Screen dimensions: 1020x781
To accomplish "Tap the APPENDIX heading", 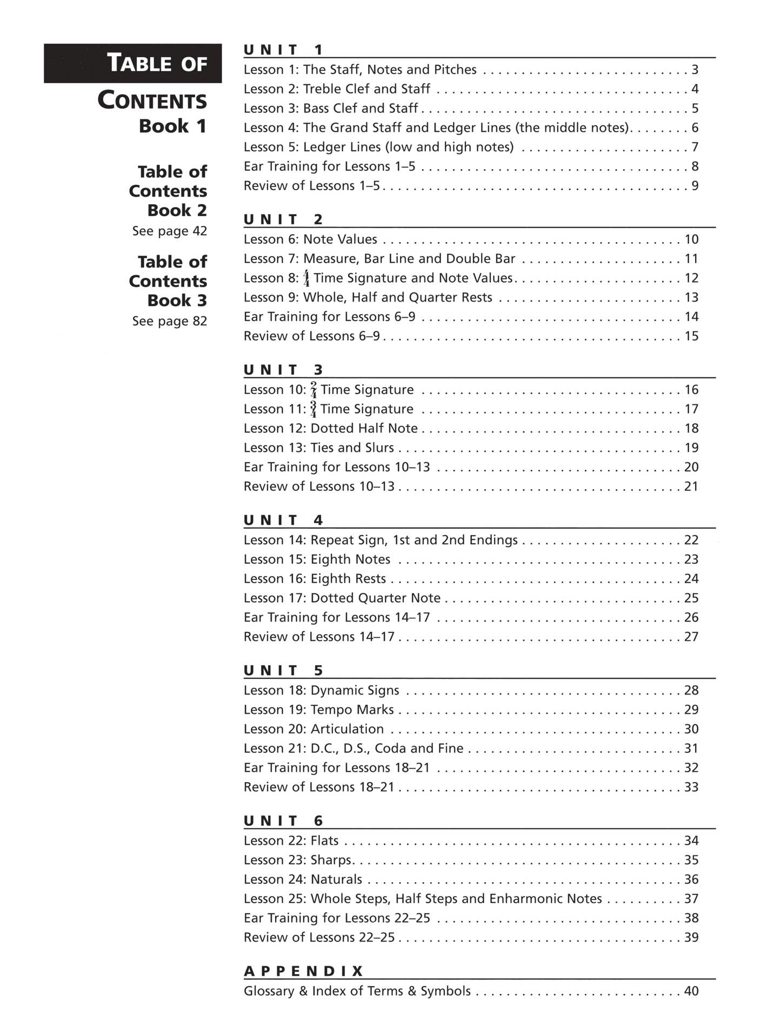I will coord(303,971).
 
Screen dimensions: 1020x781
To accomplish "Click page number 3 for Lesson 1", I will coord(695,70).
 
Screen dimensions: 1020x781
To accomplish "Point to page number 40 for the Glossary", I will coord(691,991).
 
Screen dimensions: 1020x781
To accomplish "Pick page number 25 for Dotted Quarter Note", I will coord(691,598).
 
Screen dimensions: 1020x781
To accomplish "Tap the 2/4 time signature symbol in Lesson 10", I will coord(313,390).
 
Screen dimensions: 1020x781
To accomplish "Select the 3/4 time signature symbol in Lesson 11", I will coord(313,409).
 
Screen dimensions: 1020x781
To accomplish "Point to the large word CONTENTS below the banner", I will coord(152,101).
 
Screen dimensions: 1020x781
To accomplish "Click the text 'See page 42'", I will coord(169,231).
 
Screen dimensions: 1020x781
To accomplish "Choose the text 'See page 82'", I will coord(169,321).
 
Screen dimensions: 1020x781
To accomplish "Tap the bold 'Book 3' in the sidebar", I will coord(177,300).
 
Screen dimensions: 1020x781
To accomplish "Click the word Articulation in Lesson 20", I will coord(347,729).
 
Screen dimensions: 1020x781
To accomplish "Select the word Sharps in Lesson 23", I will coord(331,859).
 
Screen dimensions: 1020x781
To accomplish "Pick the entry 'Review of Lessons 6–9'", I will coord(311,336).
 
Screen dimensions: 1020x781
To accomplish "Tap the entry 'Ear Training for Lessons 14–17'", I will coord(336,617).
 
